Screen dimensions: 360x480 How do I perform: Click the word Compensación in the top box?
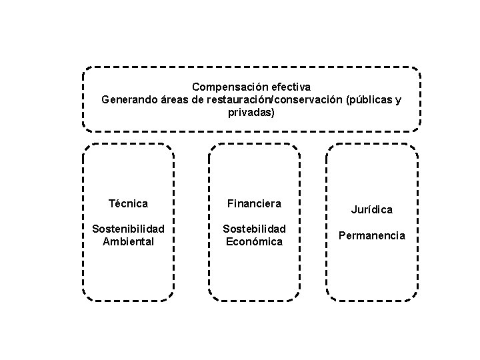point(224,87)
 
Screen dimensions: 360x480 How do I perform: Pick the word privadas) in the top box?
point(251,113)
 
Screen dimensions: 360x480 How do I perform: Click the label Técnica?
point(128,203)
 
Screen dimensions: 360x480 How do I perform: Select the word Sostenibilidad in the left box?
point(128,229)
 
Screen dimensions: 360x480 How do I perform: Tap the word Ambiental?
point(128,241)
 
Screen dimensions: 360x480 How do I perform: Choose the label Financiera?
point(254,203)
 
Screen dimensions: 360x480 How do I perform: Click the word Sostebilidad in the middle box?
point(254,229)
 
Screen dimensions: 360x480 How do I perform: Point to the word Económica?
point(254,241)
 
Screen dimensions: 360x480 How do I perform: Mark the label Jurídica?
point(372,210)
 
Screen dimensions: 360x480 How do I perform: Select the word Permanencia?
point(372,235)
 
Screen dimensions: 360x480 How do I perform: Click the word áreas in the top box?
point(175,101)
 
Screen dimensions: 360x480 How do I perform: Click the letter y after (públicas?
point(398,101)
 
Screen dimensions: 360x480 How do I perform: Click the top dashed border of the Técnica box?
point(128,144)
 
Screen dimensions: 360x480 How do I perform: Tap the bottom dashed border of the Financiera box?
point(254,300)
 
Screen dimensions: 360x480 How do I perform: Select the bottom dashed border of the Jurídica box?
point(372,300)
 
